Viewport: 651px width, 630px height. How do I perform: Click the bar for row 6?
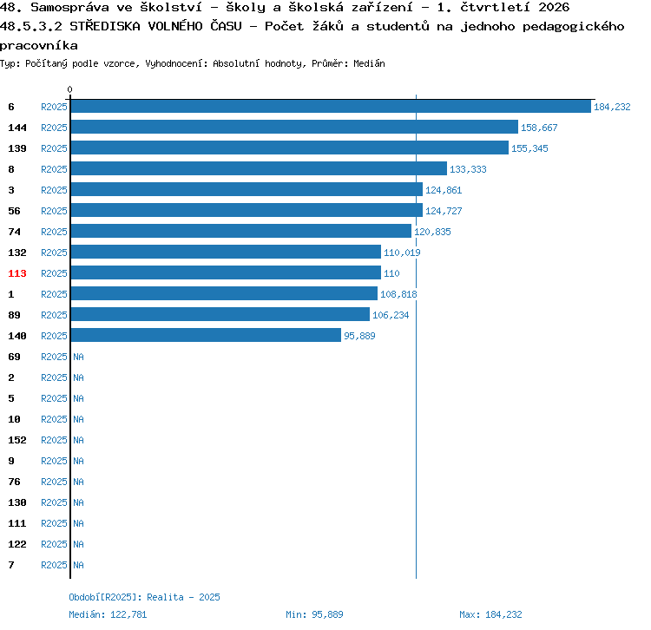coord(331,106)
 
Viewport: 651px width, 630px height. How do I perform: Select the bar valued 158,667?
coord(294,127)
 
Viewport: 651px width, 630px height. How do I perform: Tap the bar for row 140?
coord(206,335)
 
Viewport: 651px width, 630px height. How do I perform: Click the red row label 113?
coord(17,273)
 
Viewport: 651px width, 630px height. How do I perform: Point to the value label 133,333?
coord(468,169)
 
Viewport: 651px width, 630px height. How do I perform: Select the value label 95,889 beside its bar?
coord(359,336)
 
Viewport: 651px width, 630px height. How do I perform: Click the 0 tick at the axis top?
coord(69,89)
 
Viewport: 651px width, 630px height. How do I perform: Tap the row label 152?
coord(17,440)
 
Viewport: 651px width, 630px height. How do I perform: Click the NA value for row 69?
coord(78,357)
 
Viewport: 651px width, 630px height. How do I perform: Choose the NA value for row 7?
coord(78,565)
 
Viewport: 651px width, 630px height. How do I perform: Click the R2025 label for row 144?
coord(54,128)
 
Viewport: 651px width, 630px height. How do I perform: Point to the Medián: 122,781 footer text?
coord(108,614)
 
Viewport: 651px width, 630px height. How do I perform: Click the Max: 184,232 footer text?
coord(490,614)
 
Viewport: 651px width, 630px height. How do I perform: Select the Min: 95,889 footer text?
coord(314,614)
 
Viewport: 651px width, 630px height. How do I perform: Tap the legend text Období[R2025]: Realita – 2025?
coord(144,597)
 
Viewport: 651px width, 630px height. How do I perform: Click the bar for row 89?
coord(220,314)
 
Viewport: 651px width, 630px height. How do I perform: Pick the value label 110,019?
coord(402,253)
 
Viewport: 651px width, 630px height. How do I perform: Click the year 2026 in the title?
coord(554,7)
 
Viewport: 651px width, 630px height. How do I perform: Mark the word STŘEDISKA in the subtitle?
coord(105,26)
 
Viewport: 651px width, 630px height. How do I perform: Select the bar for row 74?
coord(241,231)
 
